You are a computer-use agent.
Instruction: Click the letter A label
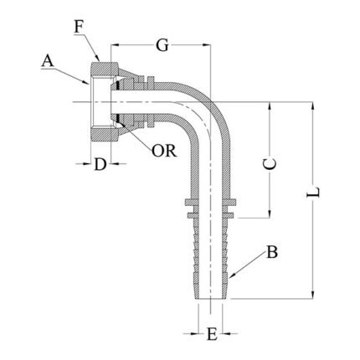click(x=48, y=60)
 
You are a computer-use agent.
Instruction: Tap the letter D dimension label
click(x=100, y=164)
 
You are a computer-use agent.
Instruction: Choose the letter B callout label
click(x=272, y=251)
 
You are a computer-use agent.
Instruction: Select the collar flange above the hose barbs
click(x=212, y=205)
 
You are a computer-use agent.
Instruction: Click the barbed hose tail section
click(x=212, y=251)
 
